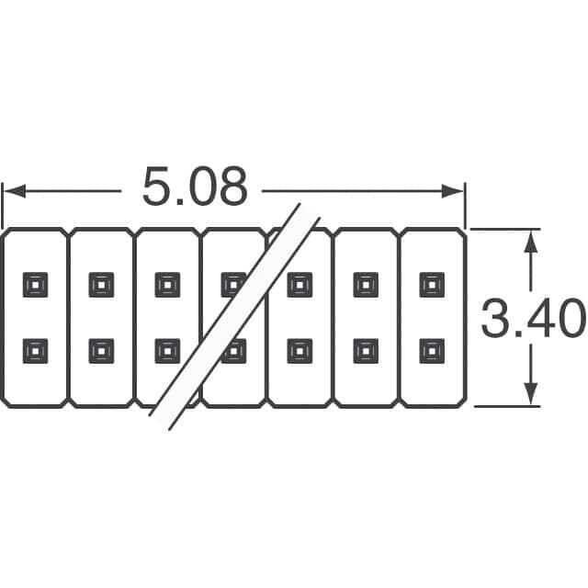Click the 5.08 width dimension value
194,187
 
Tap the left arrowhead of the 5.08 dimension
13,191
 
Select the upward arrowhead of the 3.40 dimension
529,241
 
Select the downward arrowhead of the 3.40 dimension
529,394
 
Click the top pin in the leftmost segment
35,285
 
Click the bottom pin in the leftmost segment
35,350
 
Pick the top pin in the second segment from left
101,285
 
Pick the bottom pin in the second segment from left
101,350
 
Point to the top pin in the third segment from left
167,285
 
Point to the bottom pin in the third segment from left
167,350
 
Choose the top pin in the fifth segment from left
300,285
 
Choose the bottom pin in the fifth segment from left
300,350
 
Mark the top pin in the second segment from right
366,285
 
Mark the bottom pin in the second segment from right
366,350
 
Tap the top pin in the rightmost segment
432,285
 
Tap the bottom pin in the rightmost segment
432,350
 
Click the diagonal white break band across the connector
235,317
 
